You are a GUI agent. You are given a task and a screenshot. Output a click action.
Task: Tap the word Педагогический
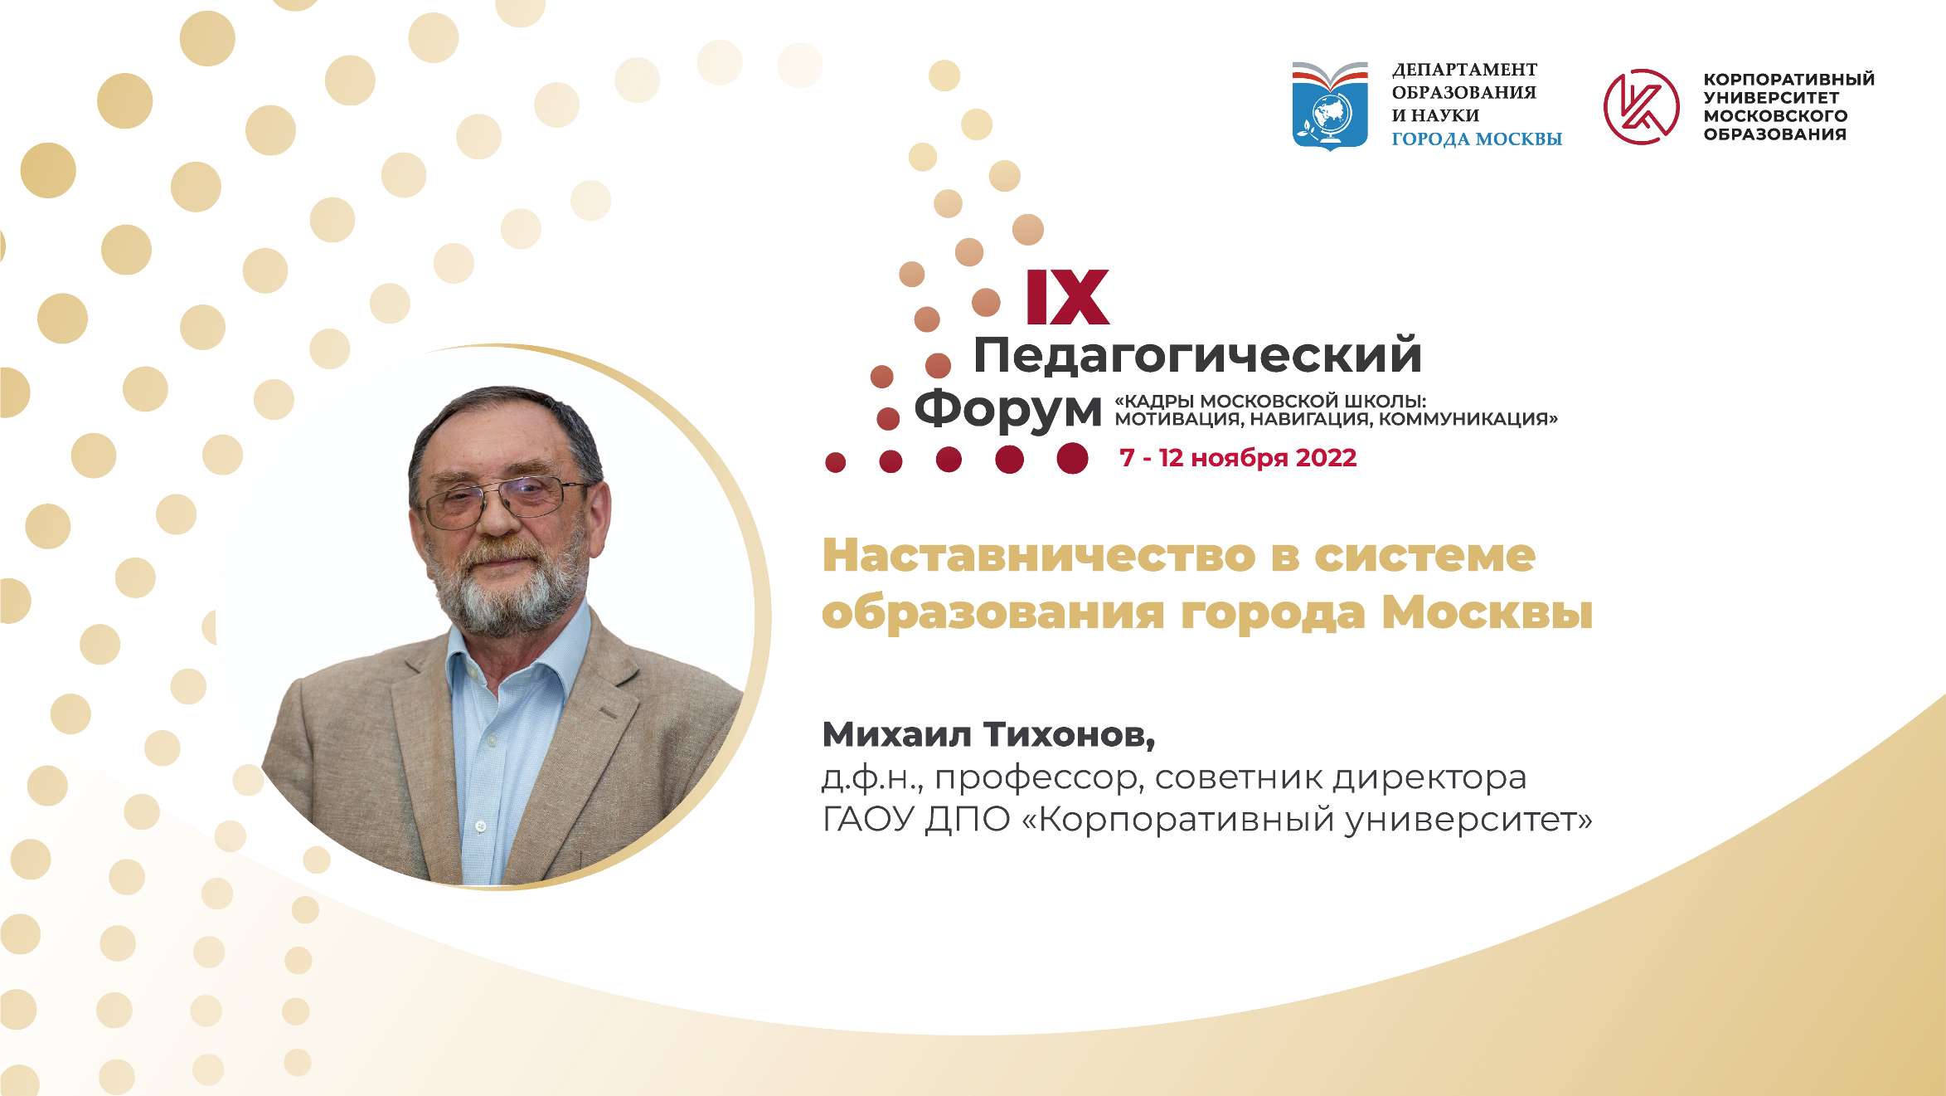[x=1197, y=355]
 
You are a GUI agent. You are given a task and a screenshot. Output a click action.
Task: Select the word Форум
[x=1007, y=409]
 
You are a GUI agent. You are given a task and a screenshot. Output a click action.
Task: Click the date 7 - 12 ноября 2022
[x=1237, y=458]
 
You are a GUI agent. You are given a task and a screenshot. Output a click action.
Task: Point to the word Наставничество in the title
[x=1039, y=556]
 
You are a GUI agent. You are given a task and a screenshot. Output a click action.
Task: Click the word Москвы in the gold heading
[x=1487, y=613]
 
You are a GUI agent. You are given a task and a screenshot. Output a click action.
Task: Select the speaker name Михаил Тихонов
[x=988, y=734]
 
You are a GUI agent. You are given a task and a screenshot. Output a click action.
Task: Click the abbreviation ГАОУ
[x=869, y=820]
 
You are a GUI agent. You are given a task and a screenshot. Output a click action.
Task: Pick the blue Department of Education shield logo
[x=1330, y=107]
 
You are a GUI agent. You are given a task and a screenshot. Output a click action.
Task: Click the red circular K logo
[x=1641, y=107]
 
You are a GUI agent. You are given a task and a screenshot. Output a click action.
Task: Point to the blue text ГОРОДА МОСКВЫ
[x=1476, y=139]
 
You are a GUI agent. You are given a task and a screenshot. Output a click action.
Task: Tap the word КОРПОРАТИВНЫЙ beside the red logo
[x=1788, y=80]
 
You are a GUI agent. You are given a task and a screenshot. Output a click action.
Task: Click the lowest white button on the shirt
[x=480, y=826]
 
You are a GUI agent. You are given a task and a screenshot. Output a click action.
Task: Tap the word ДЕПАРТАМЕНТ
[x=1464, y=70]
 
